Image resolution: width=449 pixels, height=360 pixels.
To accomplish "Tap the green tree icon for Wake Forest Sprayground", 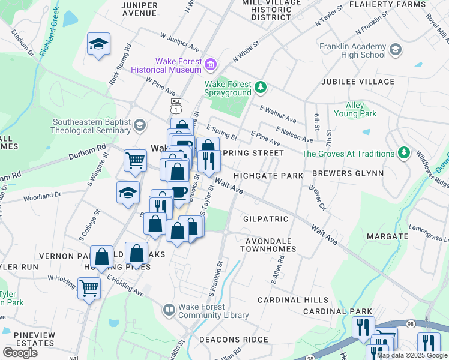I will tap(260, 88).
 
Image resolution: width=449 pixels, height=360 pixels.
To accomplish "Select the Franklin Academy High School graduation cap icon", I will tap(395, 49).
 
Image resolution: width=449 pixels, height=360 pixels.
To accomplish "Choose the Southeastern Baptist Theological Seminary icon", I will tap(139, 125).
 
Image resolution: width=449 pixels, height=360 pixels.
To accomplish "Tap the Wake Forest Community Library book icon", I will tap(170, 310).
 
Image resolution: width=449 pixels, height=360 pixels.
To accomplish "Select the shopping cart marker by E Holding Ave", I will tap(89, 287).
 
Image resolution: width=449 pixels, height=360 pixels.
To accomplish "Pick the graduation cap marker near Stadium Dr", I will tap(98, 44).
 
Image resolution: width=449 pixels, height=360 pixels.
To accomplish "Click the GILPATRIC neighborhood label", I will tap(266, 219).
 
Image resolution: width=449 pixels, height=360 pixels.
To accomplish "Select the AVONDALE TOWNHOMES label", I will tap(268, 244).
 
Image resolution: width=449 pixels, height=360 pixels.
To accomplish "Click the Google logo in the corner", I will tap(20, 352).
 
